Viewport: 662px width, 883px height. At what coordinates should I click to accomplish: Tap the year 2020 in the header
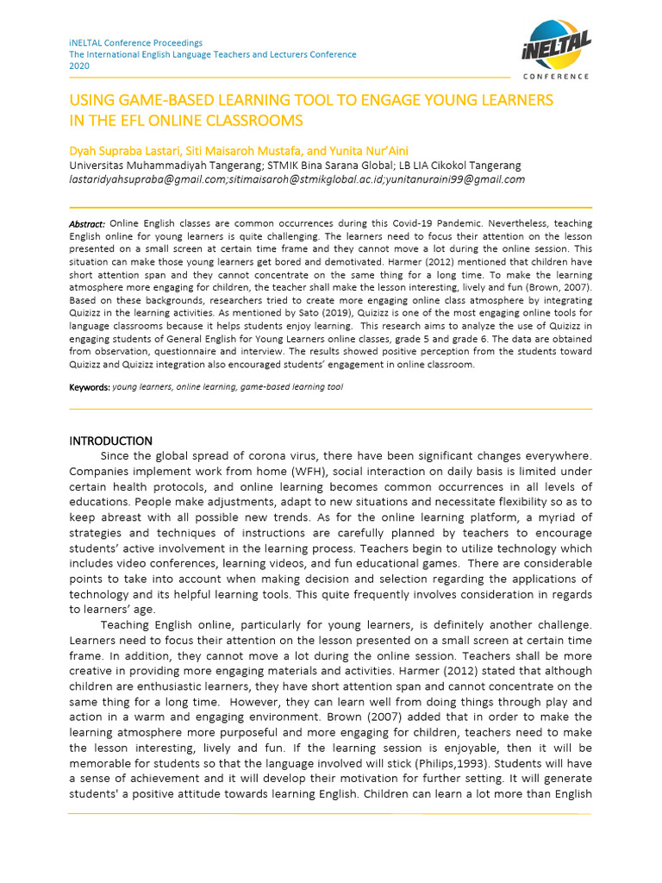[78, 66]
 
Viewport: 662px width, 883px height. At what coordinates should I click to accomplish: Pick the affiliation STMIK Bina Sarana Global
[322, 166]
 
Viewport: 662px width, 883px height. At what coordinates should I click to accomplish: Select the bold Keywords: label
[90, 387]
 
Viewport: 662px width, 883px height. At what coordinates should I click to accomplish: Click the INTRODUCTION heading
[110, 441]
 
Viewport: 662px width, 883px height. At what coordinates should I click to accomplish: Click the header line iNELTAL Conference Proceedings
[135, 42]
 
